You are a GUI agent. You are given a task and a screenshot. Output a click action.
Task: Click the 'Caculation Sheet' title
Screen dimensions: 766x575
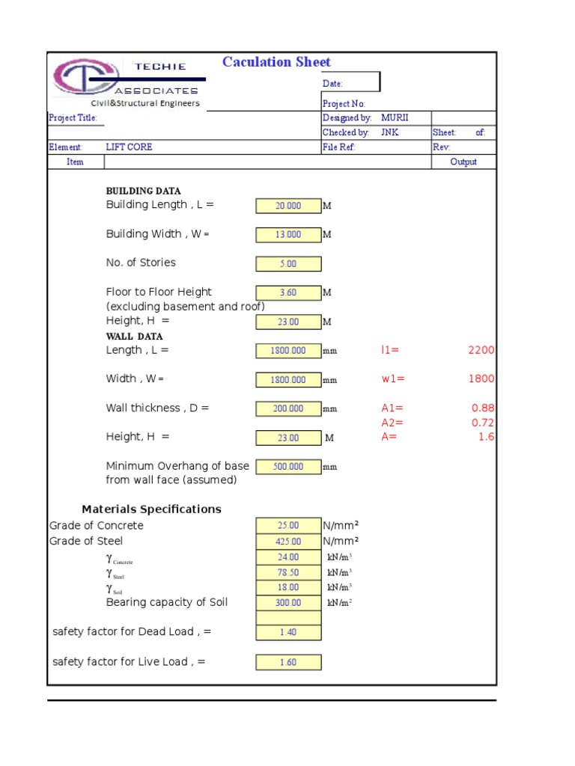276,62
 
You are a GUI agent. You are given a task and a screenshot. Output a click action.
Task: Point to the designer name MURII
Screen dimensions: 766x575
395,118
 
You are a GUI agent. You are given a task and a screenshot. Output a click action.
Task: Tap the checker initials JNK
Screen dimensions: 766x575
390,132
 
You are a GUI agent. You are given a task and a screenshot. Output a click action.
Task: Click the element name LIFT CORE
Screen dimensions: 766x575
129,147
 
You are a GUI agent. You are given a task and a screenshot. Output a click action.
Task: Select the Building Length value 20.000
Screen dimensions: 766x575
288,206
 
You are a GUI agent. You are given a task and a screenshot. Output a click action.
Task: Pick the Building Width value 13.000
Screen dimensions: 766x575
288,235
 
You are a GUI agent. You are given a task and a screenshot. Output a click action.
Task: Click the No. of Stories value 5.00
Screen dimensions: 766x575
288,264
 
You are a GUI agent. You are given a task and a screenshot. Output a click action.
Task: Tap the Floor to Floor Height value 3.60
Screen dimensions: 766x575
288,293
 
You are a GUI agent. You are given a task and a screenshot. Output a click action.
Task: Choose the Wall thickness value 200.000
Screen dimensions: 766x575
288,409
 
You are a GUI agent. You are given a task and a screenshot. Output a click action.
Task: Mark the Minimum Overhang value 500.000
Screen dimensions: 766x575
288,467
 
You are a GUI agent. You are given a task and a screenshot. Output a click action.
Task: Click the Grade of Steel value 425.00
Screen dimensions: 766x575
288,542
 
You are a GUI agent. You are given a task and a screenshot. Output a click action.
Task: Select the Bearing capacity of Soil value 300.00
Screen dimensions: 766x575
288,603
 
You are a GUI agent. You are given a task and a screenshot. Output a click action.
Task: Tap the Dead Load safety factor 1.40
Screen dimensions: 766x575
288,633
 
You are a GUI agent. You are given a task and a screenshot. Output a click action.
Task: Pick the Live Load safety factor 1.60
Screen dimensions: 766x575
288,663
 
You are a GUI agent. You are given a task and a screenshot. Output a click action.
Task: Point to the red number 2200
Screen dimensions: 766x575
481,350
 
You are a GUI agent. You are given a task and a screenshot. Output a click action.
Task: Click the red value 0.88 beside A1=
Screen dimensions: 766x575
483,408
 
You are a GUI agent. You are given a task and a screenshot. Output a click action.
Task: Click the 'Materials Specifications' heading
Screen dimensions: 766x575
151,509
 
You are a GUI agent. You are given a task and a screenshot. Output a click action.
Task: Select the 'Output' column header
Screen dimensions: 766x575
463,162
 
